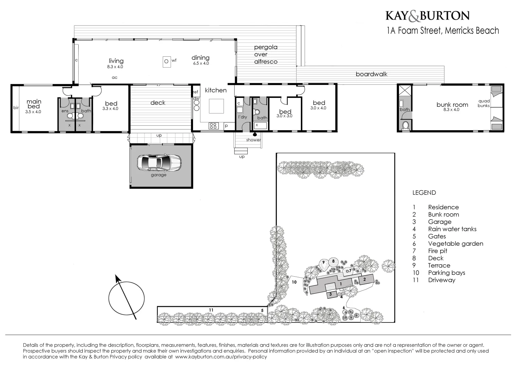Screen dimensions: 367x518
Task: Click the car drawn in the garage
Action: tap(159, 163)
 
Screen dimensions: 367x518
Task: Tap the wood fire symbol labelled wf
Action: tap(166, 62)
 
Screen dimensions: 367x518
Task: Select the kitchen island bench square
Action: tap(216, 106)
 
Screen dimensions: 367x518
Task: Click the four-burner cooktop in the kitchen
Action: tap(213, 126)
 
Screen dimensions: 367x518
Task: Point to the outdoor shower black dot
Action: tap(254, 134)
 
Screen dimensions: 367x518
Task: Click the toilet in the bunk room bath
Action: tap(405, 126)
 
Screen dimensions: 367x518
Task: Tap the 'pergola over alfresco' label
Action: tap(266, 54)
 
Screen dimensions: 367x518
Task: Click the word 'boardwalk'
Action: tap(371, 74)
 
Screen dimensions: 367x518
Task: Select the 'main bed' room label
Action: tap(34, 104)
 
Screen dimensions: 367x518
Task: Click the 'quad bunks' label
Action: tap(484, 103)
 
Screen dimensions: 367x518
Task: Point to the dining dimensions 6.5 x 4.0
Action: tap(201, 63)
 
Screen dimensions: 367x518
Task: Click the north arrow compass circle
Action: tap(127, 298)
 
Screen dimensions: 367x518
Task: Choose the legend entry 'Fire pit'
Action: tap(438, 251)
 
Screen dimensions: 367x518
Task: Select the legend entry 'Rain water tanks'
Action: tap(452, 229)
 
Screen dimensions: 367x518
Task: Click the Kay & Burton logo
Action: tap(427, 16)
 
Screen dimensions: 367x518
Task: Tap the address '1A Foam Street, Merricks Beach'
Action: tap(443, 31)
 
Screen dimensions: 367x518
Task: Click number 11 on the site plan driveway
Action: tap(211, 310)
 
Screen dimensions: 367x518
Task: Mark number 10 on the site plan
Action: tap(294, 282)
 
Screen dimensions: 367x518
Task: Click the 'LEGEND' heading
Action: tap(424, 193)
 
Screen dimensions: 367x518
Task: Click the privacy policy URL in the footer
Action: tap(221, 357)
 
